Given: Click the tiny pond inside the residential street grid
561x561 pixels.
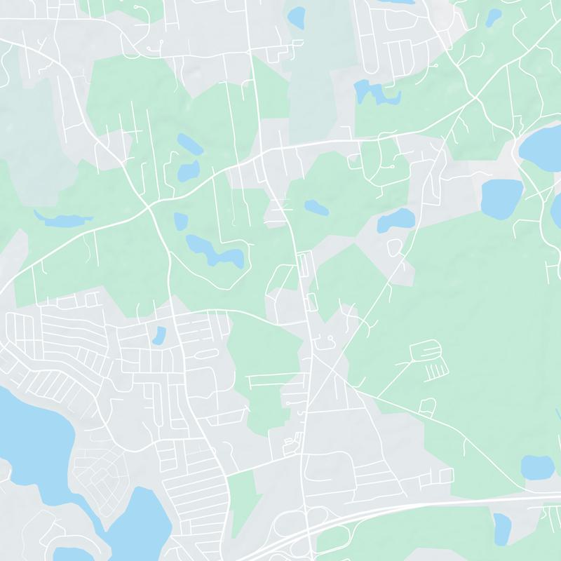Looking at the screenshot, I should [x=158, y=335].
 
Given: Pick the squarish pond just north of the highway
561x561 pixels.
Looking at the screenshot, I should [x=537, y=466].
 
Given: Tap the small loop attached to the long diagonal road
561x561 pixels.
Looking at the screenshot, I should [x=395, y=246].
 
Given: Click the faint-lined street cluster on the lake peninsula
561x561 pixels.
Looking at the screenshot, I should [x=98, y=477].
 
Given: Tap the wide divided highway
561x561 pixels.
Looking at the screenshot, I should [x=421, y=506].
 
